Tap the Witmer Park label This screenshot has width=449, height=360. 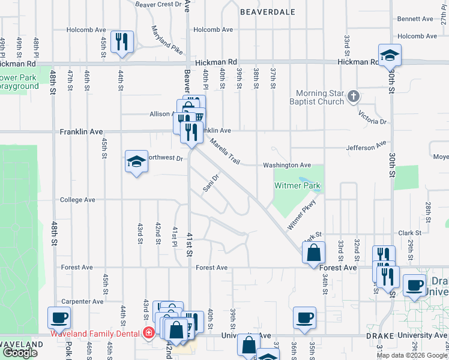coord(297,186)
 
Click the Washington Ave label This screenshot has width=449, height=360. coord(287,165)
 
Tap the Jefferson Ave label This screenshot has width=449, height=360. coord(366,146)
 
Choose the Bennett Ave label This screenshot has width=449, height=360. coord(415,19)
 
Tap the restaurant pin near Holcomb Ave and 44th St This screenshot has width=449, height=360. coord(122,42)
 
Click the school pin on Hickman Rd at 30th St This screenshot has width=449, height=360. coord(390,56)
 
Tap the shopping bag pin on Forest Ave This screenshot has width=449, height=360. coord(313,253)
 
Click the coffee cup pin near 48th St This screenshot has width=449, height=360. coord(59,318)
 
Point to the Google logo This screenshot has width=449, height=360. coord(20,353)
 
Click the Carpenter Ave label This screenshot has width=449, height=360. coord(82,302)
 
